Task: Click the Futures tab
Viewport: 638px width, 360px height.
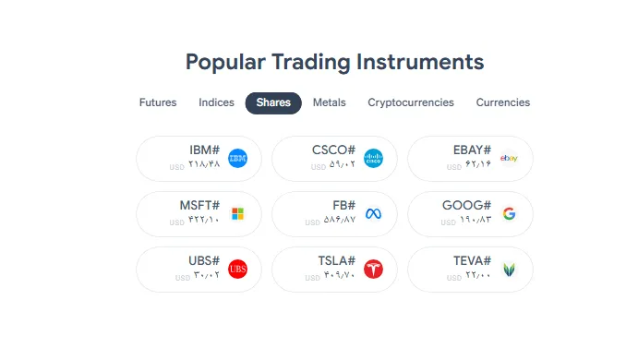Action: pos(158,102)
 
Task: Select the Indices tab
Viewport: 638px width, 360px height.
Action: pos(216,102)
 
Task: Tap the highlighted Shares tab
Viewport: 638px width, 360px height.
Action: pos(273,102)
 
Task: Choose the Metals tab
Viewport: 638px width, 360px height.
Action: pos(329,102)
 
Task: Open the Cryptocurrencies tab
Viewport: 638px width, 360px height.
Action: pos(411,102)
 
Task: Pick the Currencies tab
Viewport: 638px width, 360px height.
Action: pos(503,102)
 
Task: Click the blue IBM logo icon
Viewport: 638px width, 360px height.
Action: pos(237,159)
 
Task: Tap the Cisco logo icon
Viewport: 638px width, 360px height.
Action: pos(373,159)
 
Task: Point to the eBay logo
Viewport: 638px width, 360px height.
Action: pos(509,159)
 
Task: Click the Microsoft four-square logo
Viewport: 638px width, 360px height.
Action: pos(237,214)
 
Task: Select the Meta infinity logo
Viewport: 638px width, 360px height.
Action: pos(373,214)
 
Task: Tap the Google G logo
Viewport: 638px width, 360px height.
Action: pos(509,214)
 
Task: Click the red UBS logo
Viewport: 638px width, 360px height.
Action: pos(237,270)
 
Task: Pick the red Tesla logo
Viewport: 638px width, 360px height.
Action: pos(373,270)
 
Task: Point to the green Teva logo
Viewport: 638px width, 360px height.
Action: pos(509,270)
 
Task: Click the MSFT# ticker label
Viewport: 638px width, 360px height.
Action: pos(199,205)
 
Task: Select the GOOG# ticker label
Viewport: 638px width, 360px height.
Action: pos(471,205)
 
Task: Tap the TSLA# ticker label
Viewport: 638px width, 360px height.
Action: pos(336,260)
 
